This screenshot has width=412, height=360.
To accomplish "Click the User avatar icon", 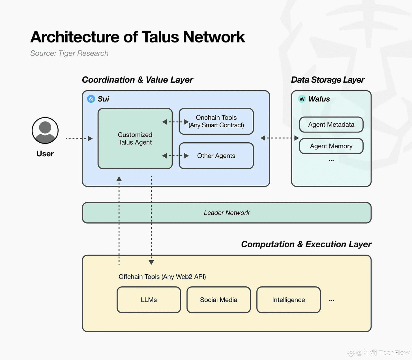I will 45,130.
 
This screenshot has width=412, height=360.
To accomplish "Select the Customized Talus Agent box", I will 135,138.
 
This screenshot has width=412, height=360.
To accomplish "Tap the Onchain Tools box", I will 216,121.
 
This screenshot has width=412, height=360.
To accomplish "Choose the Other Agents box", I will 216,156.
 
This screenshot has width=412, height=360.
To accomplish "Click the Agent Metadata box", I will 331,125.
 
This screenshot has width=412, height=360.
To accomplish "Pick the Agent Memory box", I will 331,146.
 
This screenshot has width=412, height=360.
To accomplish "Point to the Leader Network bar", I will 226,213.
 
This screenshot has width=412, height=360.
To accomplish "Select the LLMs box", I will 149,300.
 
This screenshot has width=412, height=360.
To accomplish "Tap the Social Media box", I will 219,300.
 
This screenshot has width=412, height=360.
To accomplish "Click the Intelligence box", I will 288,300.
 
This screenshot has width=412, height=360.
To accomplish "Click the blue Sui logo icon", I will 91,99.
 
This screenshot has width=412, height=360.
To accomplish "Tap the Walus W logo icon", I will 302,99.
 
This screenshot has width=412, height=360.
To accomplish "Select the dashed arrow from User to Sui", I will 79,138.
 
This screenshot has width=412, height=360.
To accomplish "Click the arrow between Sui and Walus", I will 280,138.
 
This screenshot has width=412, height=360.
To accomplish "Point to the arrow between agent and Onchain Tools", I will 175,122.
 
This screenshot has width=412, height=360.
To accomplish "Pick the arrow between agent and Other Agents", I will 175,156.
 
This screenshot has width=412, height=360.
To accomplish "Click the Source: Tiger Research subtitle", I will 69,53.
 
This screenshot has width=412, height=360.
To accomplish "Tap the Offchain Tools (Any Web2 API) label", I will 162,277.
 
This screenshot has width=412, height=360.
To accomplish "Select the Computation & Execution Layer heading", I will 306,244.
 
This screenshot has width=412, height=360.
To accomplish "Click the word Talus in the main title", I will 160,37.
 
